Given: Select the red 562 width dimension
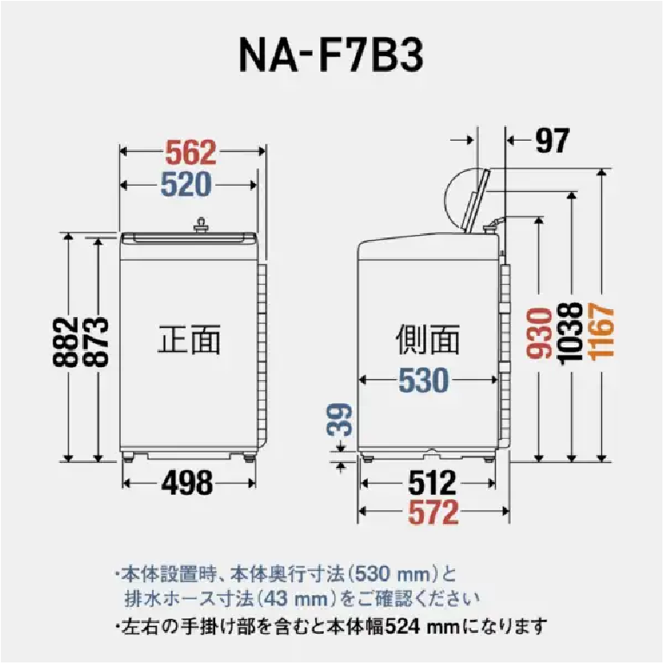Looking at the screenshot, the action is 190,152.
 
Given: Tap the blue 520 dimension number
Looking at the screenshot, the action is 187,185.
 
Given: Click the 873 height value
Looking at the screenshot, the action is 95,341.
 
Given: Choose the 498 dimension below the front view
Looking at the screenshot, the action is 187,483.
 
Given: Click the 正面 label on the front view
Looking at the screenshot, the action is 189,339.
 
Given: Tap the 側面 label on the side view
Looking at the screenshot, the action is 427,339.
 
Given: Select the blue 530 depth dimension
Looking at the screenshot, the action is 424,380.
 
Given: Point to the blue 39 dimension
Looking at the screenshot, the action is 339,420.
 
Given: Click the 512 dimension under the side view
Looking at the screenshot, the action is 432,483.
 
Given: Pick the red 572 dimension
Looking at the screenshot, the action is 434,512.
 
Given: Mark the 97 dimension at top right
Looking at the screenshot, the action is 552,141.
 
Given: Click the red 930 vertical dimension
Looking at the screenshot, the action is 540,333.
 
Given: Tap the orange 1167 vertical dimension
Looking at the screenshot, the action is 602,332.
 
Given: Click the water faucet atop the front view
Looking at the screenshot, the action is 200,225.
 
